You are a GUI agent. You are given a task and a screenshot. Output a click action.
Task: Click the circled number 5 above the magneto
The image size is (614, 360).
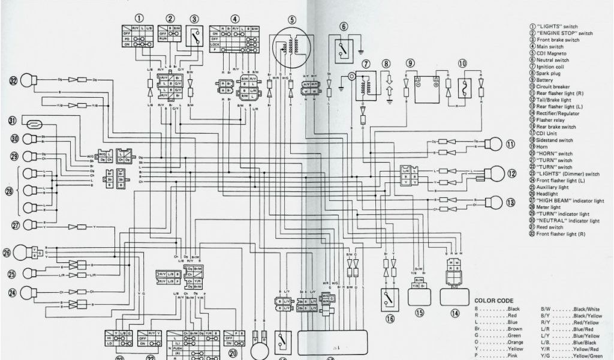click(x=292, y=19)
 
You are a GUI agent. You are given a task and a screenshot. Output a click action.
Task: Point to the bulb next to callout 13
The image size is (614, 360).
click(x=493, y=202)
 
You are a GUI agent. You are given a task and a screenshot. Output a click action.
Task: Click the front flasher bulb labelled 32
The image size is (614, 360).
click(x=28, y=80)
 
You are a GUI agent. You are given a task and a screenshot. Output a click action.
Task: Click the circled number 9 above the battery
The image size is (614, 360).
click(x=410, y=63)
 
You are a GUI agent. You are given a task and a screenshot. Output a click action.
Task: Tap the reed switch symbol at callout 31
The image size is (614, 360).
click(x=35, y=124)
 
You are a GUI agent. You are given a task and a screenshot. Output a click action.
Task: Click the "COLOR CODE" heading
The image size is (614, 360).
click(x=493, y=301)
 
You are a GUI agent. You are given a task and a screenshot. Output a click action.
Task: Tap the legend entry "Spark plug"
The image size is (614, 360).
click(x=549, y=73)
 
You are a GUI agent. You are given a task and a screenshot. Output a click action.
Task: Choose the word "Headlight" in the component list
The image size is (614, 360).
click(x=549, y=194)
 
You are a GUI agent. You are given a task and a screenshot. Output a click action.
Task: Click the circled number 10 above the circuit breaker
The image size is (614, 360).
click(x=462, y=63)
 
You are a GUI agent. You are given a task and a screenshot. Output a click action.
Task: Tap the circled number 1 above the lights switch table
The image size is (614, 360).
click(x=139, y=19)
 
